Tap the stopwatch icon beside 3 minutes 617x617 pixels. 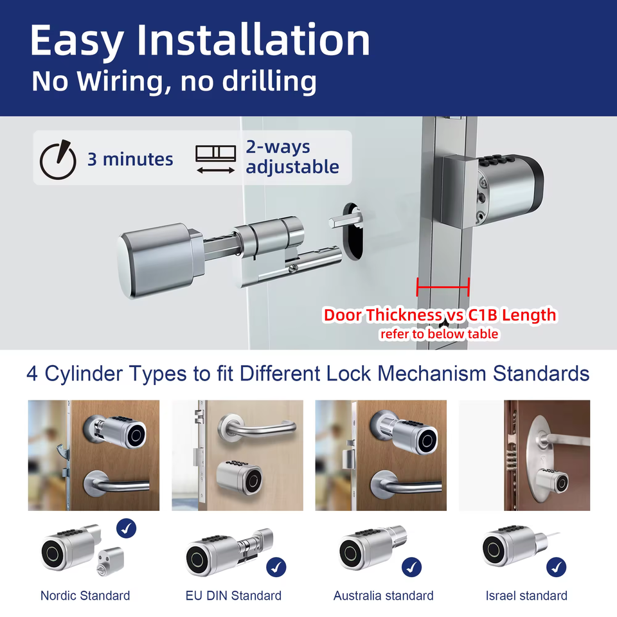pyautogui.click(x=58, y=160)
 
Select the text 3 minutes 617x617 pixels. pyautogui.click(x=130, y=159)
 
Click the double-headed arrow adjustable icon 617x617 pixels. pyautogui.click(x=216, y=170)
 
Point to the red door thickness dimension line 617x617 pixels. pyautogui.click(x=443, y=287)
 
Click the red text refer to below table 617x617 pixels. pyautogui.click(x=439, y=334)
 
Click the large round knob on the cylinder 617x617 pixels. pyautogui.click(x=157, y=260)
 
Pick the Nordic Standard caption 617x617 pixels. pyautogui.click(x=85, y=595)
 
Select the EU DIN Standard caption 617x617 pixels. pyautogui.click(x=233, y=595)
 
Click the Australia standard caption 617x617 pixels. pyautogui.click(x=383, y=595)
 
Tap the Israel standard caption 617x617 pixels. pyautogui.click(x=526, y=595)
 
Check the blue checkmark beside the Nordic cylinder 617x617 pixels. pyautogui.click(x=127, y=528)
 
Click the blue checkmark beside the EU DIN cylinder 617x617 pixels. pyautogui.click(x=276, y=567)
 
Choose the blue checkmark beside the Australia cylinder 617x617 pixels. pyautogui.click(x=411, y=567)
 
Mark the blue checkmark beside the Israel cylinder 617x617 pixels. pyautogui.click(x=557, y=567)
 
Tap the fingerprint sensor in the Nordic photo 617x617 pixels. pyautogui.click(x=137, y=435)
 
